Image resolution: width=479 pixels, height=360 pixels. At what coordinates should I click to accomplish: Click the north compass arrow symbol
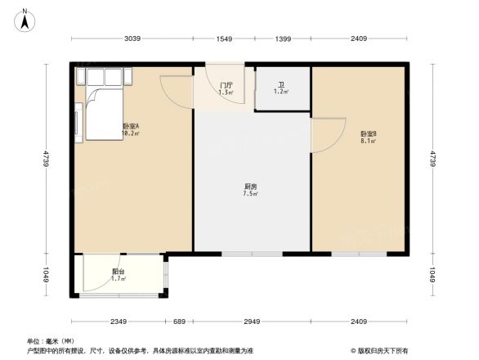[25, 20]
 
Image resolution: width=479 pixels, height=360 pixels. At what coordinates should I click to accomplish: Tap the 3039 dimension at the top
[132, 39]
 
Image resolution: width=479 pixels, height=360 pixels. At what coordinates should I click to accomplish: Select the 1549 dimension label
[225, 39]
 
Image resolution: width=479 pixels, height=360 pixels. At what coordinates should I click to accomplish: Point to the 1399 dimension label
[283, 39]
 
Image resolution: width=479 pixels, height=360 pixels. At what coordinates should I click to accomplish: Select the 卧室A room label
[131, 126]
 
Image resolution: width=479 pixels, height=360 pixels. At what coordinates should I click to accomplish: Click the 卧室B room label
[368, 134]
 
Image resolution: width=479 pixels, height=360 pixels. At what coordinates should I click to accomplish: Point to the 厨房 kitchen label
[252, 187]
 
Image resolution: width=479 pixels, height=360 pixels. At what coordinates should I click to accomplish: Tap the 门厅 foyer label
[226, 85]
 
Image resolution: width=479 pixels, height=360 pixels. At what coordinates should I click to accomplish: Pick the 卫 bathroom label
[281, 85]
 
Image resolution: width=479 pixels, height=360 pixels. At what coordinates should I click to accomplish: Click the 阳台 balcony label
[119, 272]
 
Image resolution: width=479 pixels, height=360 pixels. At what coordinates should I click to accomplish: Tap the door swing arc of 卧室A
[175, 90]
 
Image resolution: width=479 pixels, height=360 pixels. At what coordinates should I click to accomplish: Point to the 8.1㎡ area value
[368, 142]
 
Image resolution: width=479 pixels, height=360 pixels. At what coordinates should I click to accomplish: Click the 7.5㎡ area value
[252, 195]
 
